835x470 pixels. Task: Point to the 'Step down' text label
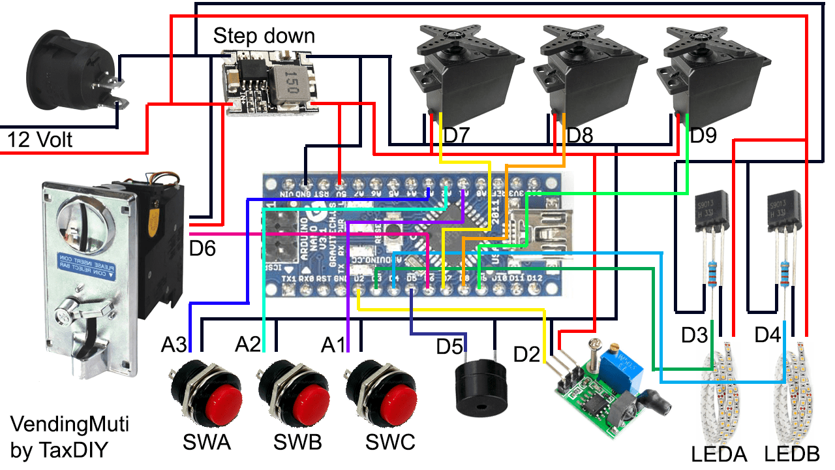(x=264, y=36)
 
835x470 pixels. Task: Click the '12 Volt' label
(x=40, y=139)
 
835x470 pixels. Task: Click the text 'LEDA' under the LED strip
(x=718, y=454)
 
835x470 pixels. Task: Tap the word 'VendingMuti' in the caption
(x=70, y=425)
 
